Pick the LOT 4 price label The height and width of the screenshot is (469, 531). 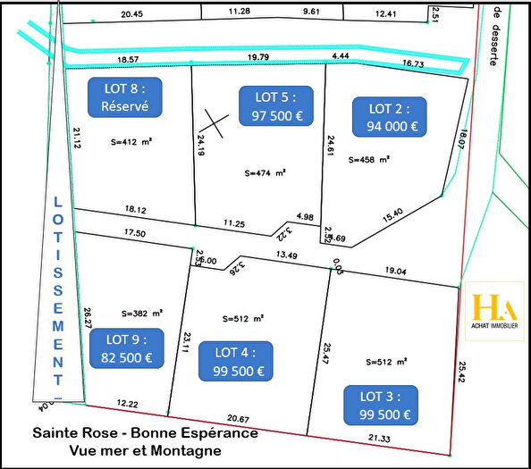point(236,360)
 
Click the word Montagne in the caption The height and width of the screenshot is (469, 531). point(191,451)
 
